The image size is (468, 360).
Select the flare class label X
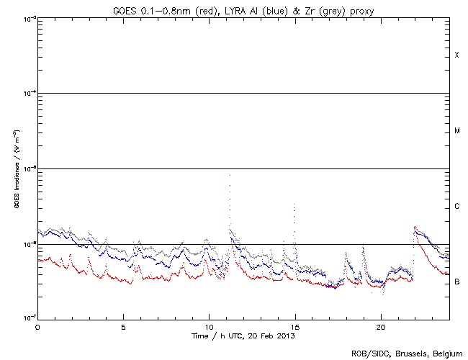(x=456, y=55)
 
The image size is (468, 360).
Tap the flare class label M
(x=456, y=131)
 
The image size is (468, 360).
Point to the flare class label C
(x=456, y=207)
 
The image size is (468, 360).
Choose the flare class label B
(x=456, y=282)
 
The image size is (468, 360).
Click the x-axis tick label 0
(x=37, y=326)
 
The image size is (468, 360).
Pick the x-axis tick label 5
(x=123, y=326)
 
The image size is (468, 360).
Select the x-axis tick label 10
(x=209, y=326)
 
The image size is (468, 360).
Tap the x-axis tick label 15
(x=294, y=326)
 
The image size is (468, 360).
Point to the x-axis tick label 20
(x=380, y=326)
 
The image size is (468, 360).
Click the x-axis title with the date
(x=243, y=336)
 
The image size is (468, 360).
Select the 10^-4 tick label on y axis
(x=26, y=94)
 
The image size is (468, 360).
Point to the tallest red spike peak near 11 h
(x=230, y=175)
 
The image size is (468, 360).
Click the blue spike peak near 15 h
(x=294, y=204)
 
